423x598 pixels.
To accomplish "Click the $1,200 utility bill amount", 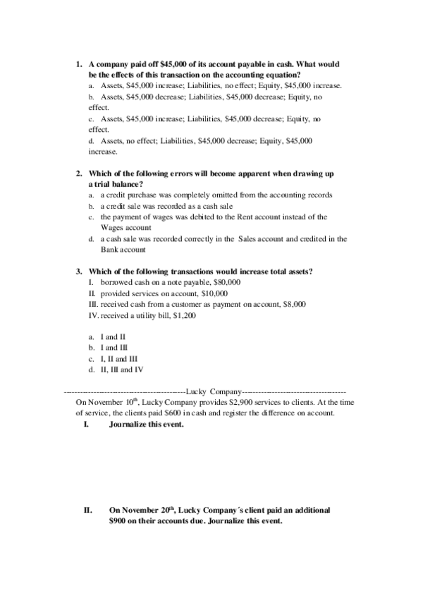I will (x=184, y=316).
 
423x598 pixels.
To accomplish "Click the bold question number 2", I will (x=79, y=173).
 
